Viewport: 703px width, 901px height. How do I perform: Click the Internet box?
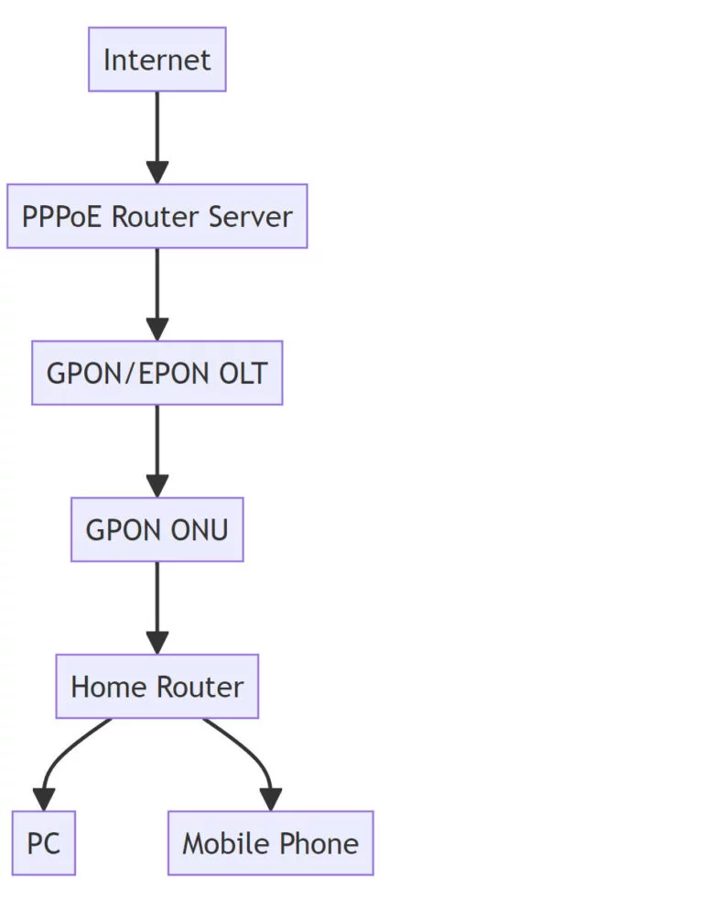(157, 60)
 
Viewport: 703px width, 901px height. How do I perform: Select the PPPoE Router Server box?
(157, 216)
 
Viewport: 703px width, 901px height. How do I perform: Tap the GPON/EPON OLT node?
(157, 373)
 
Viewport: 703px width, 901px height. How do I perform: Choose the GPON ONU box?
(157, 529)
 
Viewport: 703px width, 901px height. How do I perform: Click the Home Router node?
(157, 686)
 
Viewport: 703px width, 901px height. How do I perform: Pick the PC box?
(43, 842)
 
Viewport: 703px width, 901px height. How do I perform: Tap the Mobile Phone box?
(270, 842)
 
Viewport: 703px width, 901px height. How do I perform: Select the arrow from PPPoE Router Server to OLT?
(157, 293)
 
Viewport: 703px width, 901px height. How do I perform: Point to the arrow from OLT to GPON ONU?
(157, 450)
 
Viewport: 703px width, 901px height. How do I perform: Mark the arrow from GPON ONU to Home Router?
(157, 606)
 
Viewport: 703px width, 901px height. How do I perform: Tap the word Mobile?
(223, 843)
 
